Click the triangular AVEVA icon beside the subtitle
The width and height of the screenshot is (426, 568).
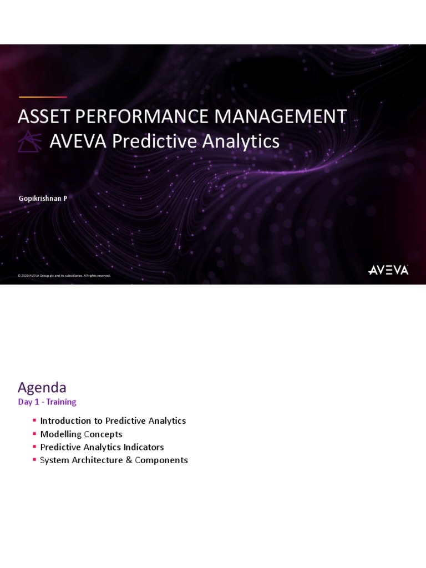(29, 141)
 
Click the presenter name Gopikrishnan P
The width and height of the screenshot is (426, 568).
(43, 198)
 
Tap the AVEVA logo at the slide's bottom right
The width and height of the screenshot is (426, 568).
(388, 270)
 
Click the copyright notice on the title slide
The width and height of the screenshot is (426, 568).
(64, 276)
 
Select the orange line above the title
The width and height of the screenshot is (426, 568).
(43, 97)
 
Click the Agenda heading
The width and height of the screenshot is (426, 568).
(42, 387)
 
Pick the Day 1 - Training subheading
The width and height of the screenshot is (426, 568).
(47, 402)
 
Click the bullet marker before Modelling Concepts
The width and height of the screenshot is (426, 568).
(34, 433)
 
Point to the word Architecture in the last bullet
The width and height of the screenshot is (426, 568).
(97, 460)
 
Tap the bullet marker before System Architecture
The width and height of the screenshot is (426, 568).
(34, 459)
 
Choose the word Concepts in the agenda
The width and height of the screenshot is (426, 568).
(103, 434)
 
